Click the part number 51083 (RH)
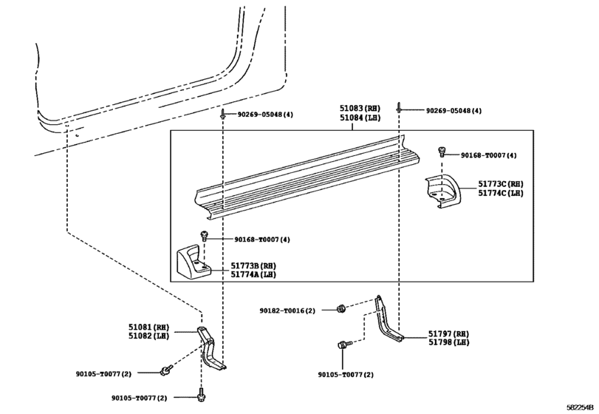click(x=360, y=109)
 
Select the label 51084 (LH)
click(x=360, y=118)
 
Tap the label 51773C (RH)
click(x=501, y=184)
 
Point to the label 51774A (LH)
click(x=253, y=274)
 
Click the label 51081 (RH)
click(x=148, y=328)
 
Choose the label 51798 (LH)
click(x=448, y=342)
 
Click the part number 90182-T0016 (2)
click(x=287, y=310)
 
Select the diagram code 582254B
click(x=580, y=407)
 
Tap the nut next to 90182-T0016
click(x=340, y=308)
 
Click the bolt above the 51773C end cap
click(x=442, y=152)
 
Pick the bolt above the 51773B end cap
click(x=204, y=236)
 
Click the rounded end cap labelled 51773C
click(x=443, y=191)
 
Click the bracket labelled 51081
click(x=212, y=348)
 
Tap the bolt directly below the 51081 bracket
click(x=201, y=395)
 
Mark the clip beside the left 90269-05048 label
click(x=222, y=115)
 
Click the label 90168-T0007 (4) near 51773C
click(x=489, y=155)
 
